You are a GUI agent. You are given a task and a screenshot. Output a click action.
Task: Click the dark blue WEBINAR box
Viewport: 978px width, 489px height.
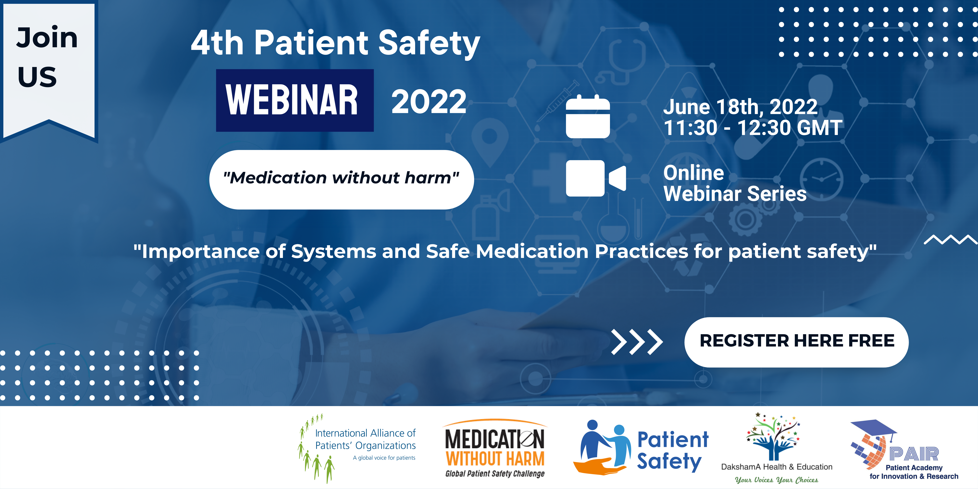(295, 100)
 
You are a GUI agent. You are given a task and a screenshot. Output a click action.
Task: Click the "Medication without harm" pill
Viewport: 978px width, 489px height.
(341, 179)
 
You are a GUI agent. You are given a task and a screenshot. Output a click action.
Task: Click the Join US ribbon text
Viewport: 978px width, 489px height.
(47, 57)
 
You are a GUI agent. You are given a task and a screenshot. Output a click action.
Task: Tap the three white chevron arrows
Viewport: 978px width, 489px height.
(637, 342)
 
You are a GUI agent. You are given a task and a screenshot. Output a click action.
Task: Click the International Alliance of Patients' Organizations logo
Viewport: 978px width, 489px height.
(357, 448)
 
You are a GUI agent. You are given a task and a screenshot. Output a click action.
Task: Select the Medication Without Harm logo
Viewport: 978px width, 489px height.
(495, 448)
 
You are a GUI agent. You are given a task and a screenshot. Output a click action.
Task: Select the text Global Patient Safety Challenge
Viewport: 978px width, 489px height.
(495, 473)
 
